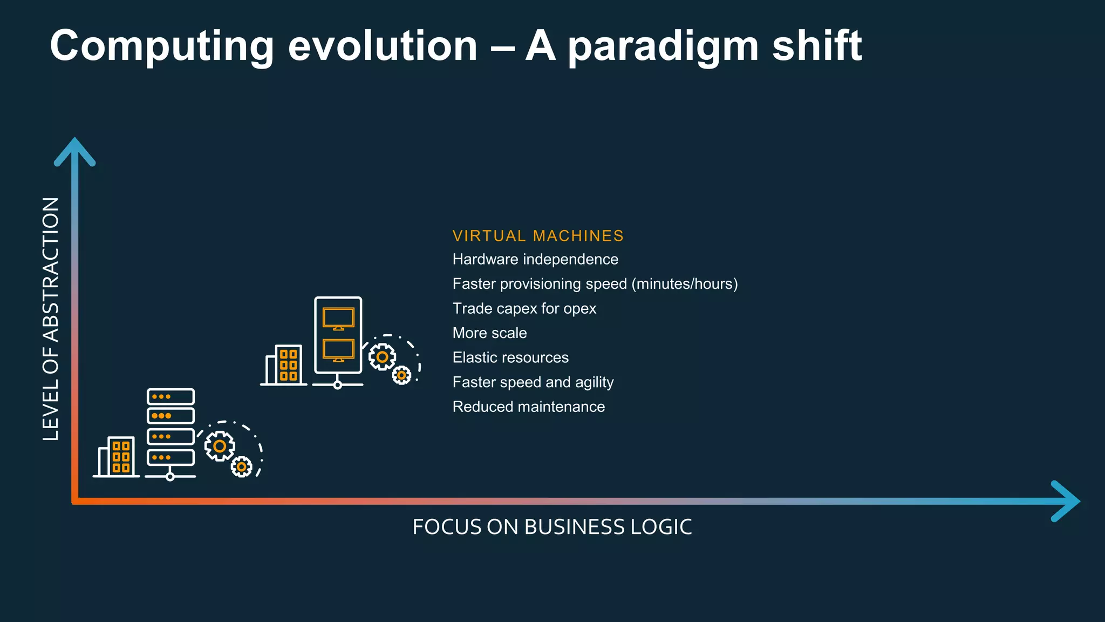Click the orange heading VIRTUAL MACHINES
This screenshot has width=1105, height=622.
coord(538,236)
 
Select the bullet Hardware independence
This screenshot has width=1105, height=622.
coord(535,260)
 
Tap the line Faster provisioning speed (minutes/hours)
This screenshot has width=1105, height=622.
coord(595,284)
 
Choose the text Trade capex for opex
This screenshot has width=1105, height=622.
coord(524,309)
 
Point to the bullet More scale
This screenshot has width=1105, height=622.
coord(489,333)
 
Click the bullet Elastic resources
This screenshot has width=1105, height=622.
coord(510,358)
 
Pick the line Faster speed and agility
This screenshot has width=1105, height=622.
coord(533,382)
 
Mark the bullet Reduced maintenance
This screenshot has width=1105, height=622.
coord(529,407)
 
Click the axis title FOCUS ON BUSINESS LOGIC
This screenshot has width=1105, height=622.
coord(552,527)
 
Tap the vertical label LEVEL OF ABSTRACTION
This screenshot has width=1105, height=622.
coord(51,319)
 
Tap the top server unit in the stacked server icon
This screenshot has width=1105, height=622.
coord(170,397)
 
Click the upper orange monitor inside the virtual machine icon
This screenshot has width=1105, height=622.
coord(338,318)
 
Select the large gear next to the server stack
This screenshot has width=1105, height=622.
coord(220,446)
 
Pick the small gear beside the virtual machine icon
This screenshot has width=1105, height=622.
coord(401,375)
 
